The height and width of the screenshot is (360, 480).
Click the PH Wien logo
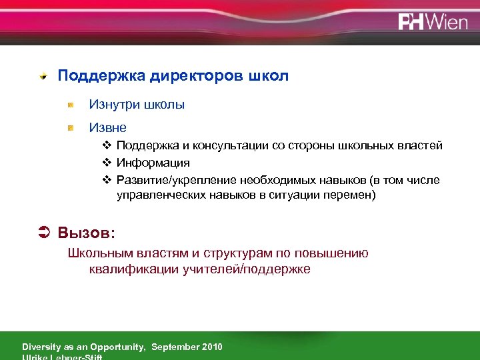(433, 21)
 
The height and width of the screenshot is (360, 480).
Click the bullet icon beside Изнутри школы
(71, 105)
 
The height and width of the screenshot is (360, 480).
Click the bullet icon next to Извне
(71, 126)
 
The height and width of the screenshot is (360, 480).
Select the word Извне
(108, 126)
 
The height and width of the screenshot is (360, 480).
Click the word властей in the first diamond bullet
(421, 146)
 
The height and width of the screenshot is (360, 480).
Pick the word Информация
(153, 163)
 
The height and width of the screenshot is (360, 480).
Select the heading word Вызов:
(87, 233)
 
